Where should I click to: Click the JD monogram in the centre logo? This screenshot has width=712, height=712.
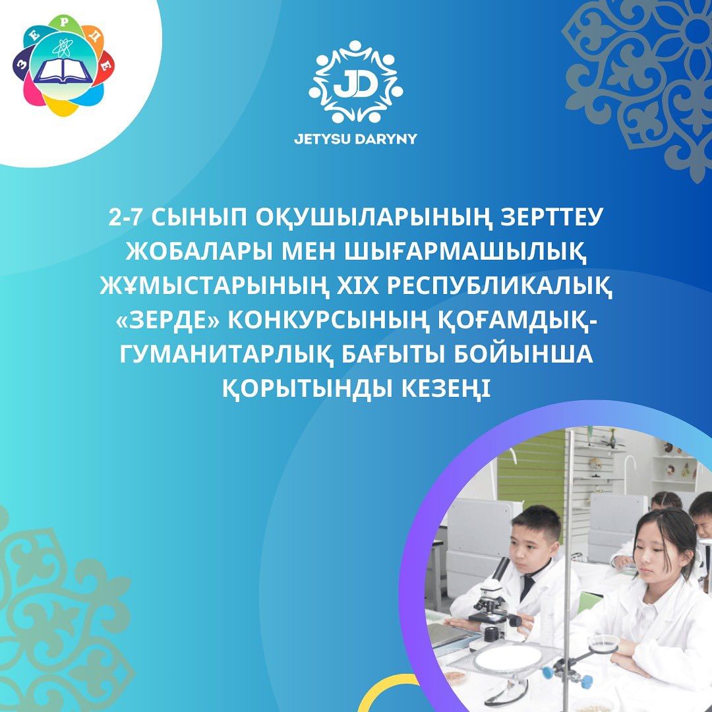coord(355,83)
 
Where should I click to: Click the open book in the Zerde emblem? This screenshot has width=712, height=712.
coord(63,71)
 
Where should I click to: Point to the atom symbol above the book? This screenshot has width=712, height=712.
coord(62,47)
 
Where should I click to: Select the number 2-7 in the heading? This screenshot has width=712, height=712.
coord(126,218)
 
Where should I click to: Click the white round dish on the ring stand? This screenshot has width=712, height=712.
coord(508,658)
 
